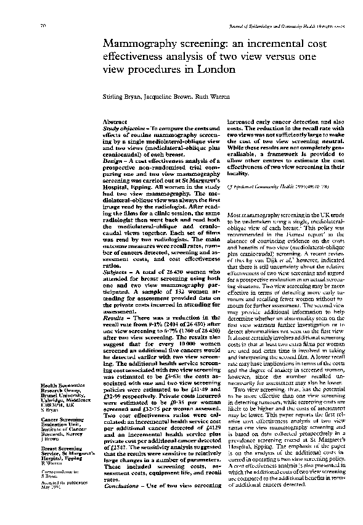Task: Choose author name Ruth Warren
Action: [207, 97]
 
